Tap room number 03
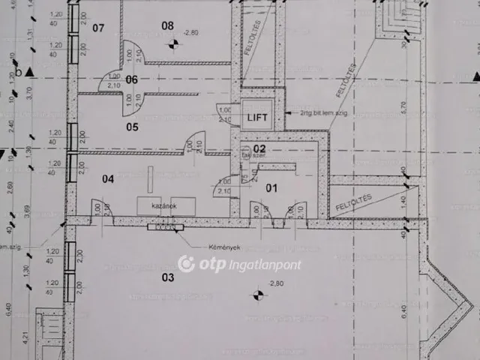pyautogui.click(x=166, y=277)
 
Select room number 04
pyautogui.click(x=108, y=178)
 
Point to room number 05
pyautogui.click(x=132, y=127)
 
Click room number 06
pyautogui.click(x=132, y=79)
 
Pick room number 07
pyautogui.click(x=98, y=28)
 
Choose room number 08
pyautogui.click(x=167, y=25)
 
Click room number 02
pyautogui.click(x=259, y=149)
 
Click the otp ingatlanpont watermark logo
pyautogui.click(x=239, y=264)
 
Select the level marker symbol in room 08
pyautogui.click(x=174, y=44)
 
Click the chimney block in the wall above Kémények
pyautogui.click(x=165, y=226)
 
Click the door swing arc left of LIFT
pyautogui.click(x=224, y=110)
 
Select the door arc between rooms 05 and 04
pyautogui.click(x=194, y=142)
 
